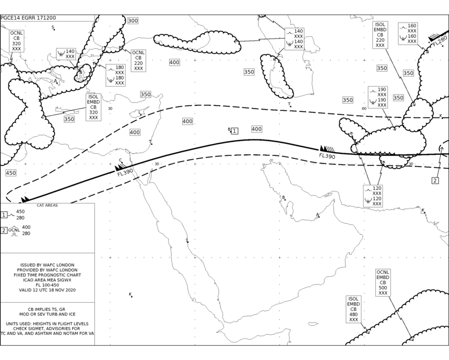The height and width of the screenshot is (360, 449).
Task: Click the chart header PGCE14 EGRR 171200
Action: pyautogui.click(x=28, y=18)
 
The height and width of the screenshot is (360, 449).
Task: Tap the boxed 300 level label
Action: pyautogui.click(x=133, y=20)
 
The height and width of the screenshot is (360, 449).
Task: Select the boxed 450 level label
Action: pyautogui.click(x=11, y=173)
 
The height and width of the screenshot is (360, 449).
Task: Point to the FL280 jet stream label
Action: pyautogui.click(x=440, y=41)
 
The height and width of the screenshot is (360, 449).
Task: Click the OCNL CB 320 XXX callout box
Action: pyautogui.click(x=17, y=41)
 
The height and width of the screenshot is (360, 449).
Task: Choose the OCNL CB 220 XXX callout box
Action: pyautogui.click(x=139, y=61)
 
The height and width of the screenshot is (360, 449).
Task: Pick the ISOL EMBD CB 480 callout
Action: pyautogui.click(x=354, y=309)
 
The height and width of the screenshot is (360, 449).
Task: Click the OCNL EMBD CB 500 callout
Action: pyautogui.click(x=383, y=283)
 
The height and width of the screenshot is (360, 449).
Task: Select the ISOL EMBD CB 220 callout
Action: pyautogui.click(x=380, y=35)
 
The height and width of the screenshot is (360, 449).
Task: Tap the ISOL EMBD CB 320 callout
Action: pyautogui.click(x=94, y=107)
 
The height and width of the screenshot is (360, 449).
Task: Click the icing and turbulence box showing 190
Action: pyautogui.click(x=378, y=97)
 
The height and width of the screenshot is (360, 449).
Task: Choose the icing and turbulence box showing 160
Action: pyautogui.click(x=408, y=34)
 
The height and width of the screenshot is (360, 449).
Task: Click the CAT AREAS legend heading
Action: pyautogui.click(x=47, y=205)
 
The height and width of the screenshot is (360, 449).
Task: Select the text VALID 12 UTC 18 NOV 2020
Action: pyautogui.click(x=47, y=290)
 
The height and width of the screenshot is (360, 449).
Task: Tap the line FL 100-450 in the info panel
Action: pyautogui.click(x=47, y=285)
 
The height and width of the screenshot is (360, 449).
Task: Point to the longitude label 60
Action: pyautogui.click(x=364, y=109)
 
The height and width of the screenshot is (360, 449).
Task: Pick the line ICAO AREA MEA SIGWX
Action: pyautogui.click(x=47, y=280)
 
